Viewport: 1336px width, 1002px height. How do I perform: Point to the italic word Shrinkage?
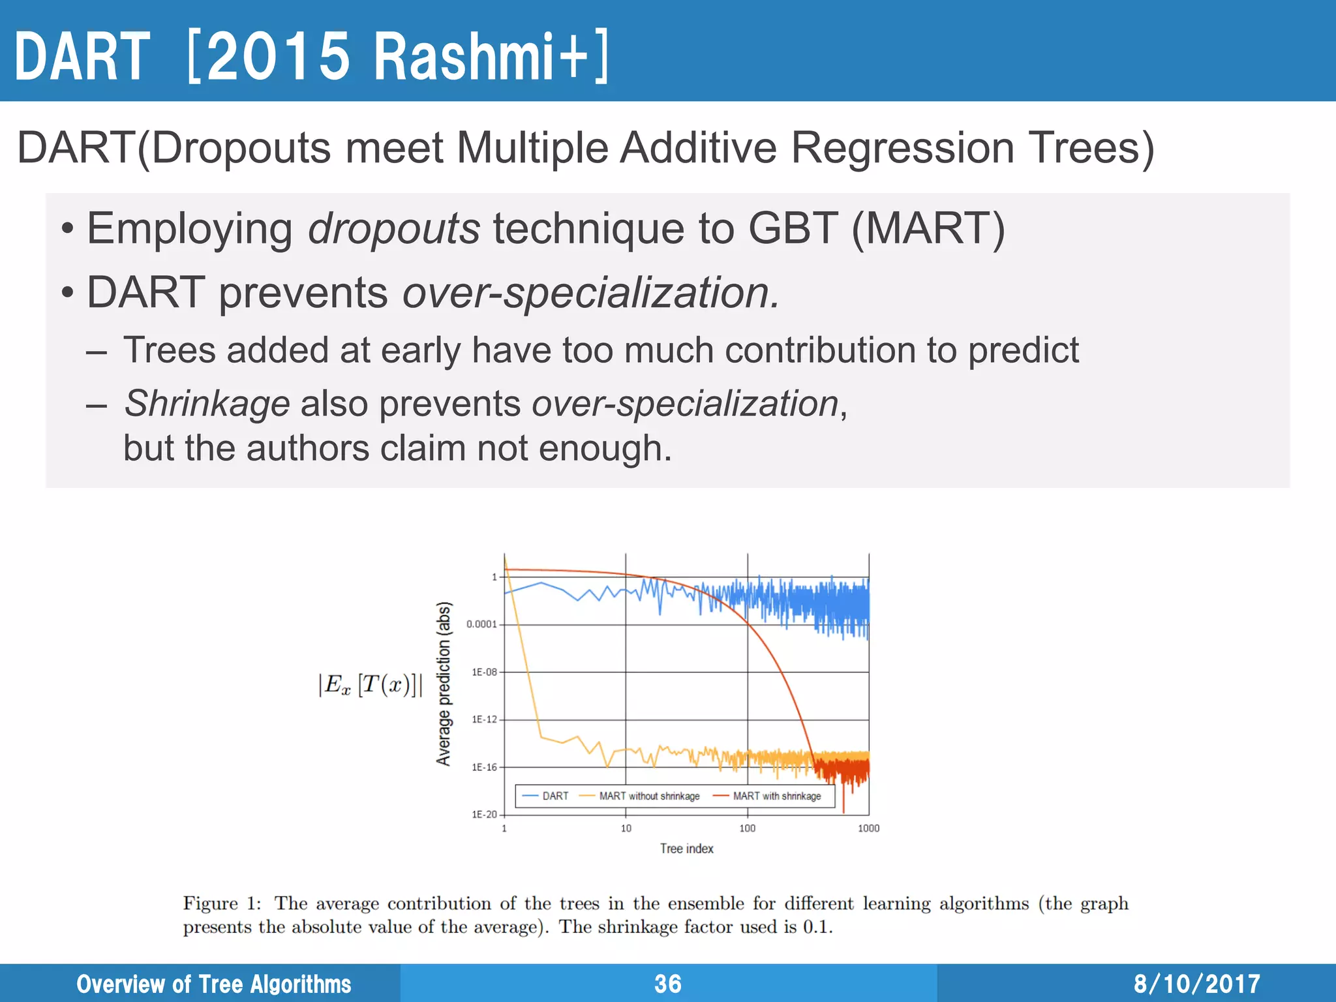(207, 403)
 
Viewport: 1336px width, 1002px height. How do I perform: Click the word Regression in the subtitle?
(902, 147)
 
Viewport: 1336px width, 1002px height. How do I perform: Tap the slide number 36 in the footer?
(668, 984)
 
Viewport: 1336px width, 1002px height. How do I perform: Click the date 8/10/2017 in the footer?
(1196, 984)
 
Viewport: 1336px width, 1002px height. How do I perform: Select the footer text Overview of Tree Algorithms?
(214, 984)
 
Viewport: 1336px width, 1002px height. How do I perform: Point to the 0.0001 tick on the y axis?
(481, 624)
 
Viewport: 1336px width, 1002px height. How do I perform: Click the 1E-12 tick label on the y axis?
(484, 720)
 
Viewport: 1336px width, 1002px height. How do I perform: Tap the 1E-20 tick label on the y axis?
(484, 815)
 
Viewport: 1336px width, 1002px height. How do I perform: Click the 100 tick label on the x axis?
(747, 828)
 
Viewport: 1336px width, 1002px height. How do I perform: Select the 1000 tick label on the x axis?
(868, 828)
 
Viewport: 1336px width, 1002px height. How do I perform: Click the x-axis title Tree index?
(686, 849)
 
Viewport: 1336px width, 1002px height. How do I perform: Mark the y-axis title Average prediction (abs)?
(444, 684)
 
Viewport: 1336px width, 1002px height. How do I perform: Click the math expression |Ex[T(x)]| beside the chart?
(370, 685)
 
